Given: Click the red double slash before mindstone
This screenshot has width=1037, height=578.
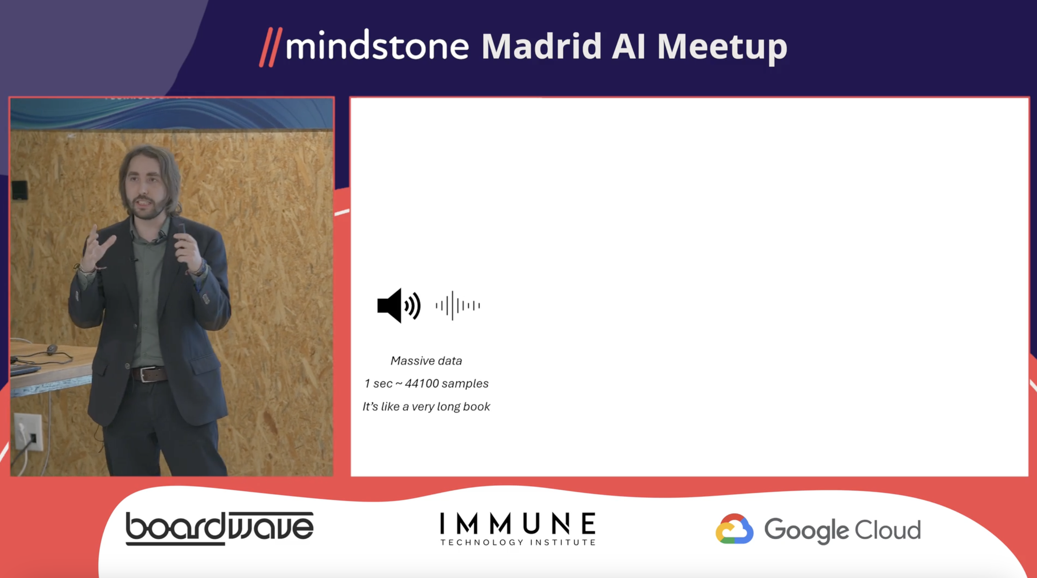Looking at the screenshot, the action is (x=271, y=47).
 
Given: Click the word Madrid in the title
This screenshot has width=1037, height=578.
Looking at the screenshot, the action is (x=542, y=46).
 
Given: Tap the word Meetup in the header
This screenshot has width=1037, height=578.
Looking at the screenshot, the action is (x=722, y=48).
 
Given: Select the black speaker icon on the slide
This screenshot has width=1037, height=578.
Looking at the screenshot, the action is (x=399, y=305).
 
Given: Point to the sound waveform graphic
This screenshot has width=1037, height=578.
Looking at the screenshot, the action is (x=458, y=306).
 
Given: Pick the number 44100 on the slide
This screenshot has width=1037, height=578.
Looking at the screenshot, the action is (x=422, y=383).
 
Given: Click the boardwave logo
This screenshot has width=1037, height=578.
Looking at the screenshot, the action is (x=219, y=528).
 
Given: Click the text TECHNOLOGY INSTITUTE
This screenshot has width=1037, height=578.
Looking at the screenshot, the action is (x=518, y=543).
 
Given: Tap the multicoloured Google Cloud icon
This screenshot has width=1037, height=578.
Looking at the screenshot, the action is (x=734, y=529).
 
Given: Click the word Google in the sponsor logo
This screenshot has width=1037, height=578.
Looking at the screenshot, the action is (x=807, y=530).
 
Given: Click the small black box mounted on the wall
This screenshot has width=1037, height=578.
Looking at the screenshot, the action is (x=19, y=190).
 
